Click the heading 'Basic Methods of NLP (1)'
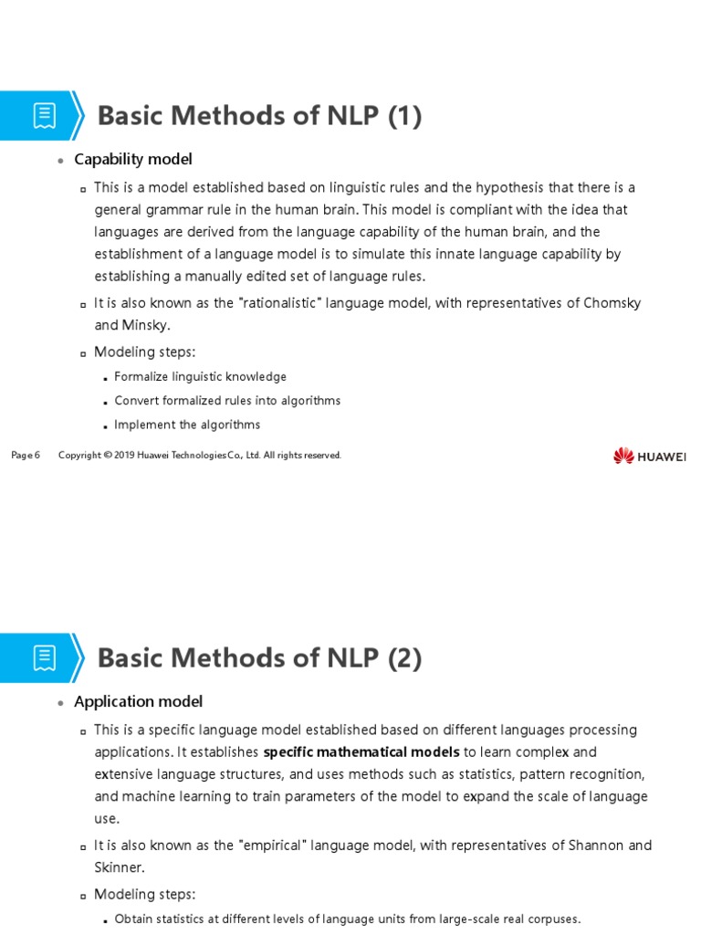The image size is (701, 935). [x=259, y=116]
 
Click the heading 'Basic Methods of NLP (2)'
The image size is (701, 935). [x=259, y=657]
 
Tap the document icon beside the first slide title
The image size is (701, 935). [x=45, y=116]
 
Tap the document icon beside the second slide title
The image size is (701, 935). [x=45, y=657]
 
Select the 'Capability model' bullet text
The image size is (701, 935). [x=133, y=160]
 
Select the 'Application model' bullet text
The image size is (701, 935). [x=138, y=701]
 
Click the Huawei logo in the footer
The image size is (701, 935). [x=649, y=456]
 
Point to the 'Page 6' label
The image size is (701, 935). [x=26, y=456]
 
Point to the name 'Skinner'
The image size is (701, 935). [x=120, y=867]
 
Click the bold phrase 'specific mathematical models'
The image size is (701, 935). [x=361, y=752]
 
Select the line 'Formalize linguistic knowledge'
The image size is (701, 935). [x=201, y=376]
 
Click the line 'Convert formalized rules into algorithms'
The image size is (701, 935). [x=227, y=401]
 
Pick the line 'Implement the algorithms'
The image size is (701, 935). [x=187, y=425]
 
